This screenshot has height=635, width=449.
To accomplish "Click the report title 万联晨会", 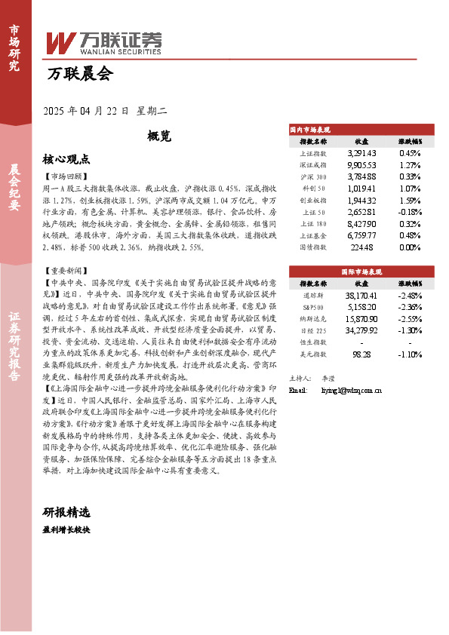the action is coord(79,74).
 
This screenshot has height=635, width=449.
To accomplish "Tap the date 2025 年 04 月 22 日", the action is coord(88,111).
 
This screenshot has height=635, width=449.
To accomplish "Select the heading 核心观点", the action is coord(66,159).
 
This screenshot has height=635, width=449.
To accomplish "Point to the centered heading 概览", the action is coord(159,137).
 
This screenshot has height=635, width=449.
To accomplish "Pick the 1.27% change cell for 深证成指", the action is coord(411,164).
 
